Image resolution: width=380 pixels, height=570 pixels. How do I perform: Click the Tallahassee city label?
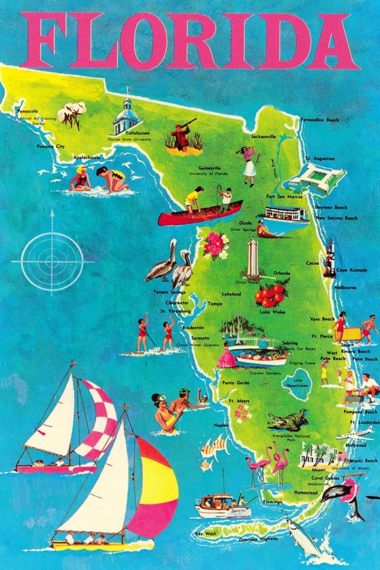pos(138,133)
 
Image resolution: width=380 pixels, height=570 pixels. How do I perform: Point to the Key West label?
pos(206,534)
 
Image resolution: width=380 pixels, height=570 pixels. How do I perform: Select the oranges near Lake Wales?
pos(271,294)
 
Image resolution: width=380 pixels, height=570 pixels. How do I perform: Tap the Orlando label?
pos(282,273)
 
